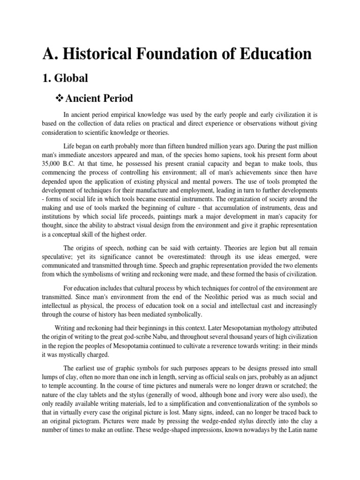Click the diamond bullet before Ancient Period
click(x=59, y=99)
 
